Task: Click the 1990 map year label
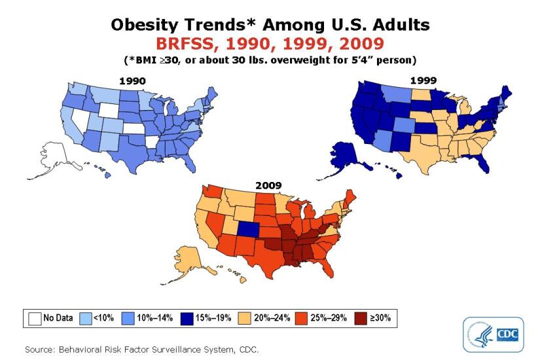132,81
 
